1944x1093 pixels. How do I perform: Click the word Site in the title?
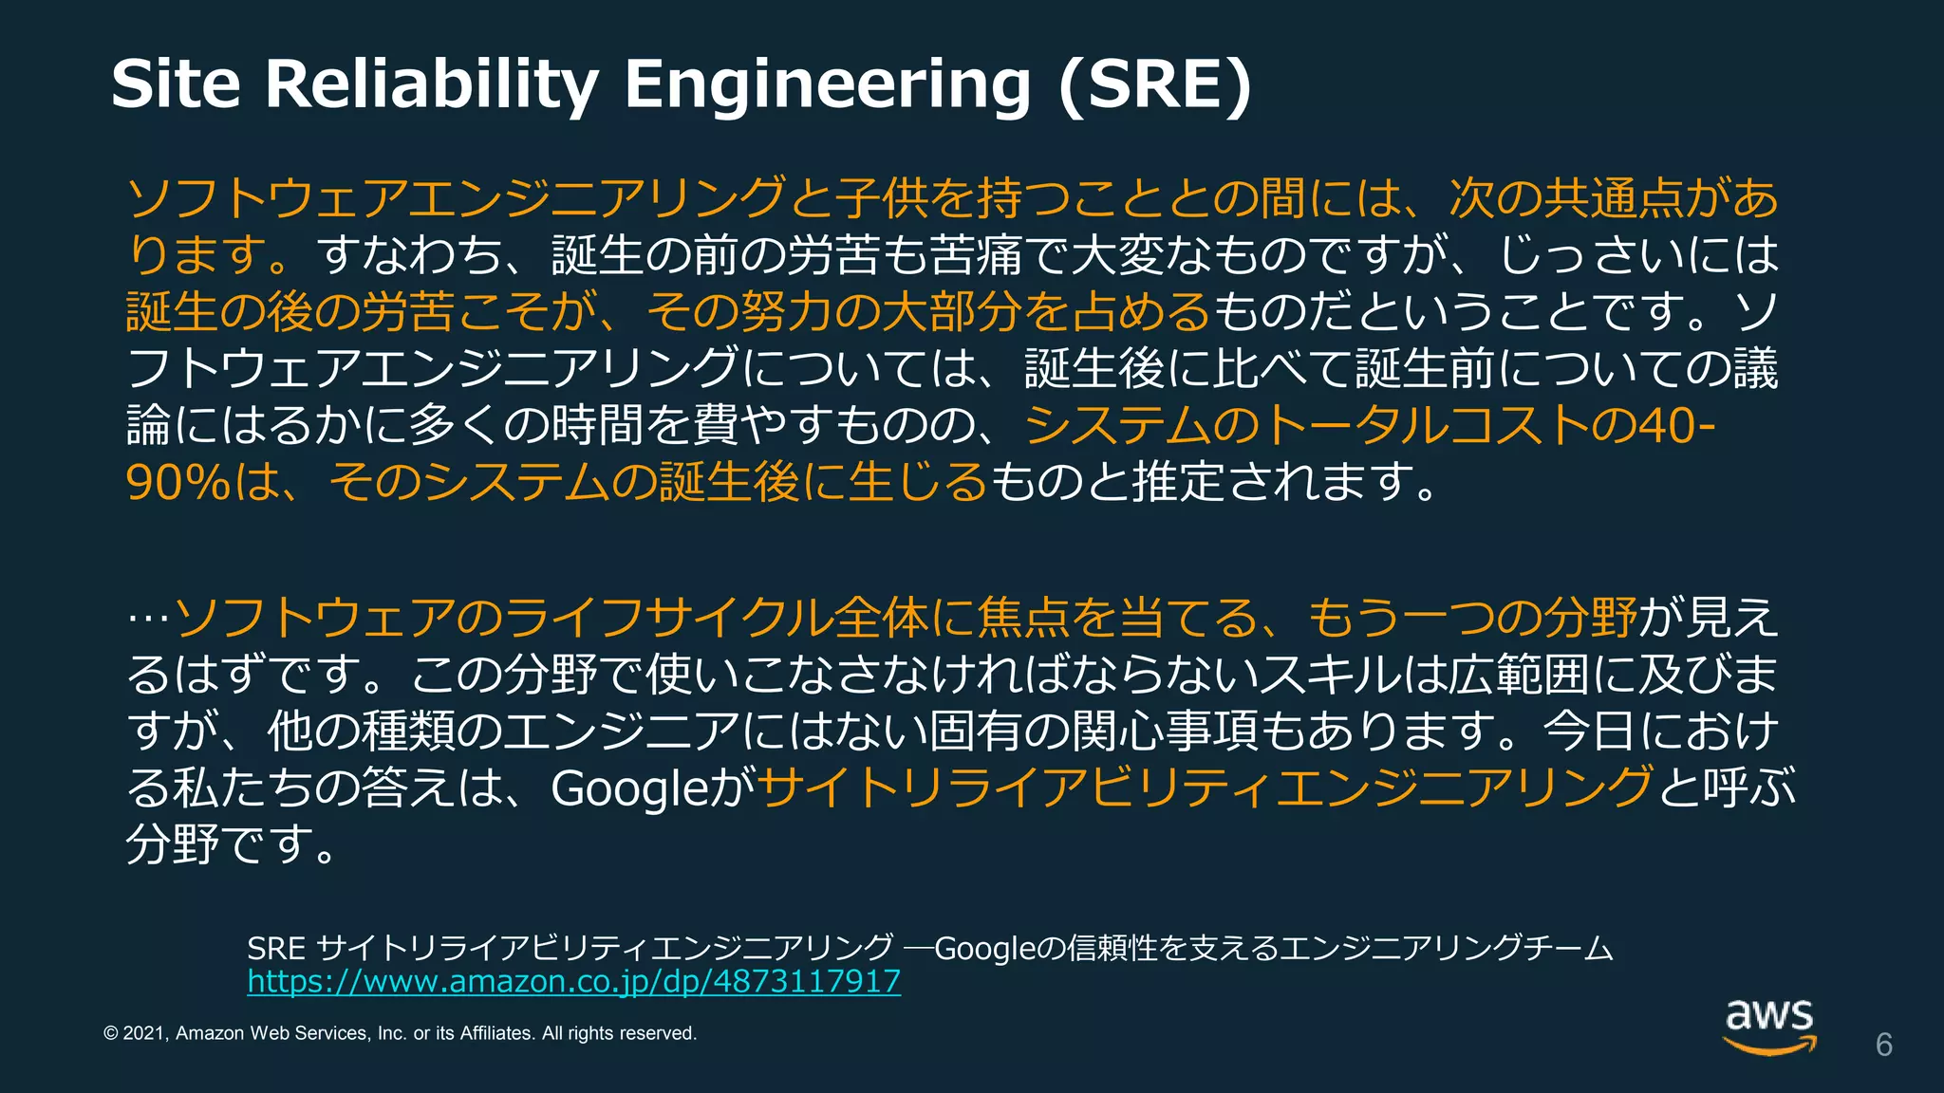[176, 84]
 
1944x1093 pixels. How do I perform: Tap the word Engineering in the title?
[827, 84]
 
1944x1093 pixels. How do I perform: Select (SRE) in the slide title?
[1155, 84]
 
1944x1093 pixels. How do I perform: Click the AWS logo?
[1769, 1026]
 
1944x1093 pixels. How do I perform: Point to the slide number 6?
[1883, 1045]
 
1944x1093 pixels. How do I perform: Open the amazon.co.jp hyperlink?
[573, 981]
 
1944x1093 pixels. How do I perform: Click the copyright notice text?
[400, 1033]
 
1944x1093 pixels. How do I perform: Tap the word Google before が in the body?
[628, 787]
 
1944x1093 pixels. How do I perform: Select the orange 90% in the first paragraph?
[178, 482]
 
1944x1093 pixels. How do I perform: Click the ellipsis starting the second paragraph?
[148, 619]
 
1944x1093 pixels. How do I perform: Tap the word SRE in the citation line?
[275, 948]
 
